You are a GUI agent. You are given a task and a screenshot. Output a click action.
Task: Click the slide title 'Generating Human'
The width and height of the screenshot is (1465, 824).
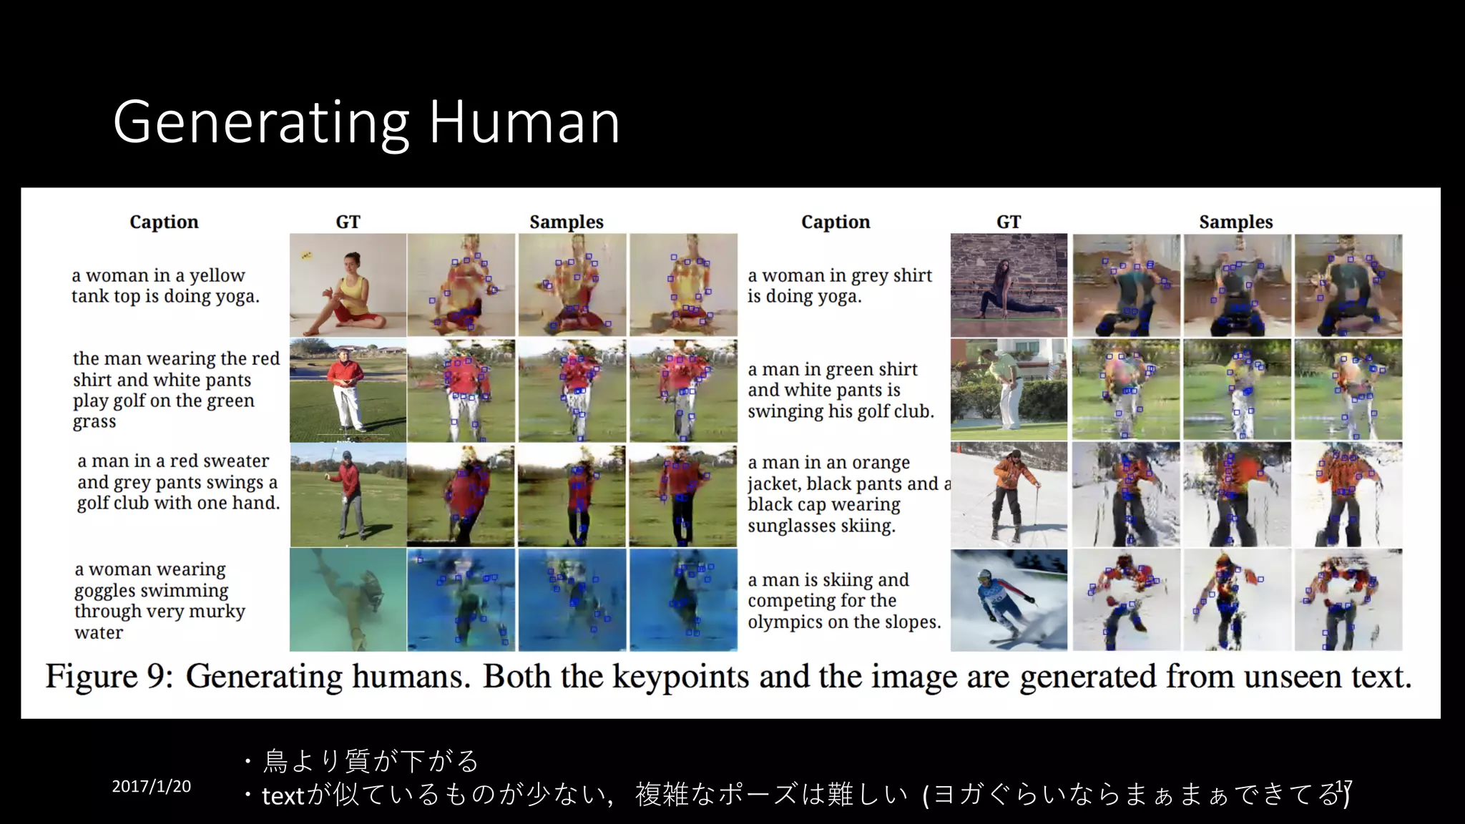pyautogui.click(x=366, y=122)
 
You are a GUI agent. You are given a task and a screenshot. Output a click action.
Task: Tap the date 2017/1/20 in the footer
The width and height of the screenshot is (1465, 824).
pyautogui.click(x=151, y=786)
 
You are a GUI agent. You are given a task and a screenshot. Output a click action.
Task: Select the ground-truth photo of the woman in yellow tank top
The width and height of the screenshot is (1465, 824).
pyautogui.click(x=348, y=285)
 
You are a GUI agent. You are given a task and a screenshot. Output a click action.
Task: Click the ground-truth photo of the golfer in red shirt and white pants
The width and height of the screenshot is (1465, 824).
pyautogui.click(x=348, y=390)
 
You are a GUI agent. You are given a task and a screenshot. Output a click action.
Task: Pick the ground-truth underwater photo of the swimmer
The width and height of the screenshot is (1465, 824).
pyautogui.click(x=348, y=599)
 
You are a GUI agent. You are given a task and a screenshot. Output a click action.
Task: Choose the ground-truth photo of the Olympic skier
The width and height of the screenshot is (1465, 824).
pyautogui.click(x=1009, y=600)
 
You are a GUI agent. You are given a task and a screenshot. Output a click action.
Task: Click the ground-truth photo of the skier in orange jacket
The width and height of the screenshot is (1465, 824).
pyautogui.click(x=1009, y=494)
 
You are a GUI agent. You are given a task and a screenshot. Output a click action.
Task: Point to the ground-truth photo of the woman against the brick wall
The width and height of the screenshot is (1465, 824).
pyautogui.click(x=1009, y=285)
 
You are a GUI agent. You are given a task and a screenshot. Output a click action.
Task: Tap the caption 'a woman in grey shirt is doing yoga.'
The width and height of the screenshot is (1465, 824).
pyautogui.click(x=839, y=285)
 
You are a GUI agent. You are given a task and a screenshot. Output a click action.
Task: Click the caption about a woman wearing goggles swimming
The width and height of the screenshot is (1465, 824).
pyautogui.click(x=160, y=600)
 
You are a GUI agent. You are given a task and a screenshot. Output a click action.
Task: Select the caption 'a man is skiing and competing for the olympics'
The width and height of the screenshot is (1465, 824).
pyautogui.click(x=844, y=600)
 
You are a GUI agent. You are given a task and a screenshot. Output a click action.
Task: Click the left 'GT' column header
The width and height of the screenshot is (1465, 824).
pyautogui.click(x=348, y=222)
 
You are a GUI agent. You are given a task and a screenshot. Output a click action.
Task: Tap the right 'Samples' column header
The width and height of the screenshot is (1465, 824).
pyautogui.click(x=1235, y=222)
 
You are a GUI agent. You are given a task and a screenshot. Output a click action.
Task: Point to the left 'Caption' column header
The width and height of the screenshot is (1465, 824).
pyautogui.click(x=164, y=222)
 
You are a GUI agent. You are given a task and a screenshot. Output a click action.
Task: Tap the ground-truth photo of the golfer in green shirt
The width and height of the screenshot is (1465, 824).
pyautogui.click(x=1009, y=390)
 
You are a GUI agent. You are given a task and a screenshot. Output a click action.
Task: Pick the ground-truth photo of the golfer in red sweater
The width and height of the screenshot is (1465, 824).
pyautogui.click(x=348, y=495)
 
